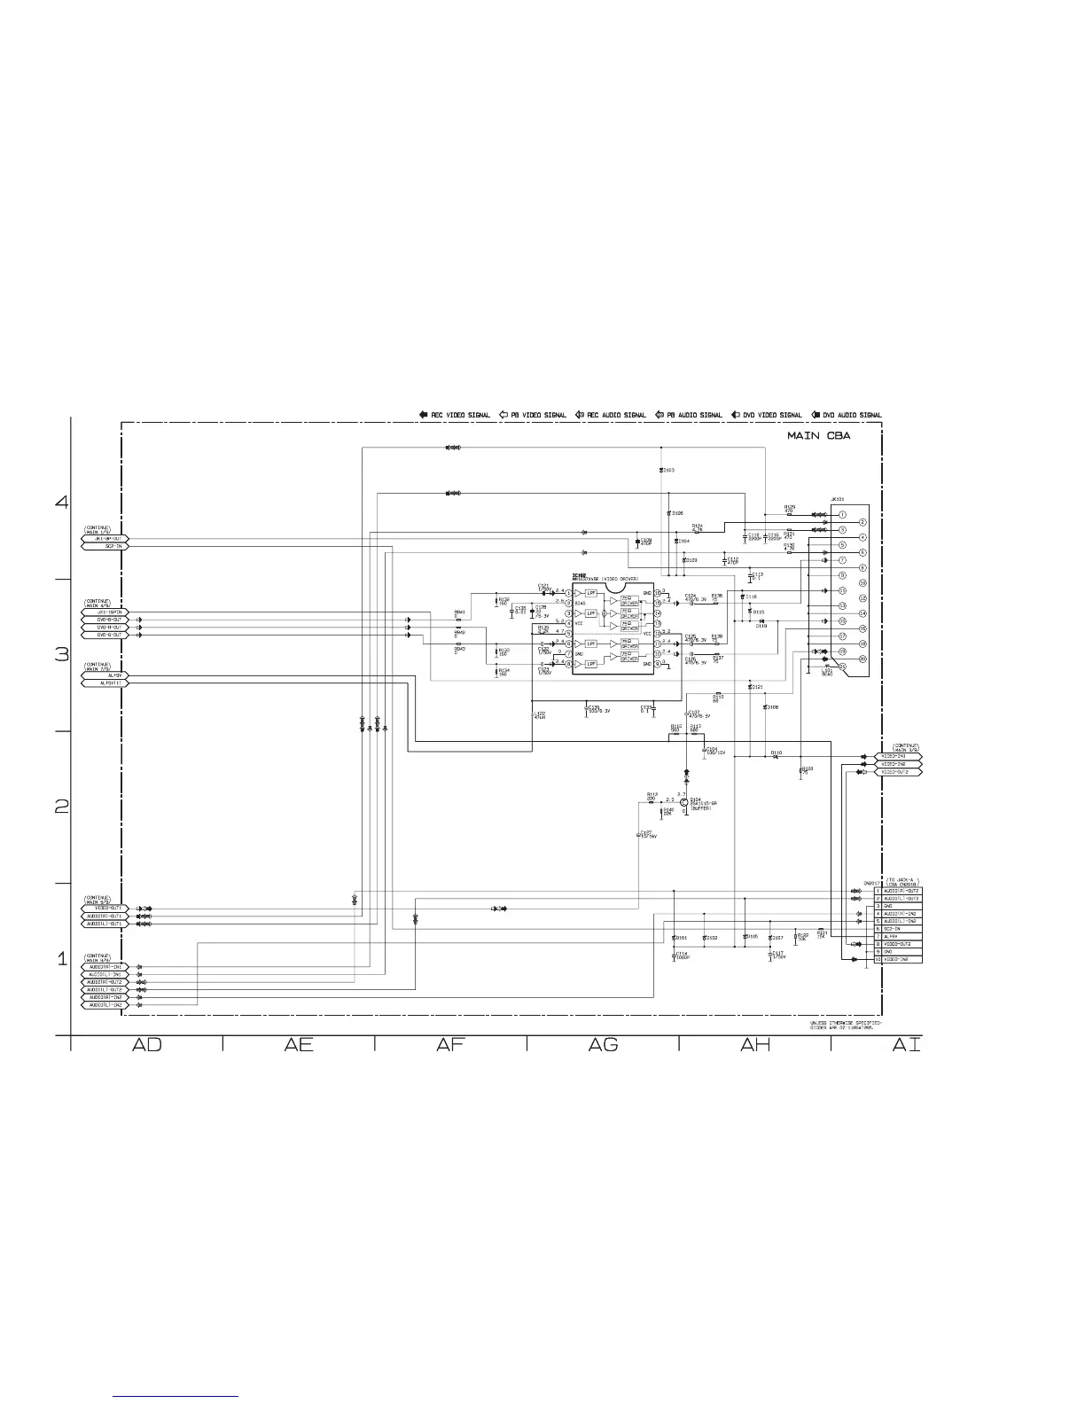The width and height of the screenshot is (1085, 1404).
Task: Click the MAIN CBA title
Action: tap(819, 435)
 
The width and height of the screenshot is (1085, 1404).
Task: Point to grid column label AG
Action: tap(603, 1046)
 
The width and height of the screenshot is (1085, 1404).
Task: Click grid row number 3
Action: tap(62, 656)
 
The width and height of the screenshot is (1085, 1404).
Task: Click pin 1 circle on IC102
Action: tap(567, 593)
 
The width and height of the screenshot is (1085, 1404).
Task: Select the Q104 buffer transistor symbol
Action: tap(684, 802)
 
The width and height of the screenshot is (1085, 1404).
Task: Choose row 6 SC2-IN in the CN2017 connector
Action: tap(898, 928)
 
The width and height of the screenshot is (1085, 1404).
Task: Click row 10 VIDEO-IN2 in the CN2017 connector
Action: tap(898, 959)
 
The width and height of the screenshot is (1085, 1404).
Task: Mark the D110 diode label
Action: tap(776, 753)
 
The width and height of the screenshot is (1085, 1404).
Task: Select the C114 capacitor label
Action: tap(681, 954)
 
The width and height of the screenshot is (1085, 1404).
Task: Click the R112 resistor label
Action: tap(652, 794)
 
